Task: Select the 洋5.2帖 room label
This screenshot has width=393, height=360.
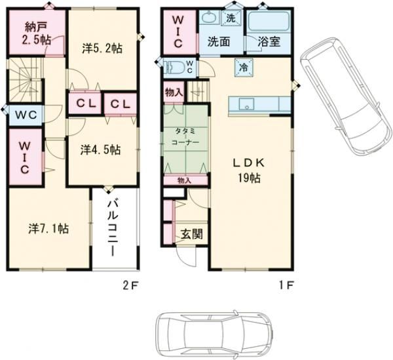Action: pyautogui.click(x=102, y=48)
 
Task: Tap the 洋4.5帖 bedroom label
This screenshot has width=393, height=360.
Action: pyautogui.click(x=101, y=149)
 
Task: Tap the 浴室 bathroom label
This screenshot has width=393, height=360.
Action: pyautogui.click(x=271, y=41)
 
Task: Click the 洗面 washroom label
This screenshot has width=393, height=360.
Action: pyautogui.click(x=218, y=41)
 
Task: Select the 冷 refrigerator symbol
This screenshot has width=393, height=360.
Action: pyautogui.click(x=242, y=66)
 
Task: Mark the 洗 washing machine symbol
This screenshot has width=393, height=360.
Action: pyautogui.click(x=231, y=18)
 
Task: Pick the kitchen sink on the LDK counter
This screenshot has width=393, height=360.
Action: pyautogui.click(x=247, y=102)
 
